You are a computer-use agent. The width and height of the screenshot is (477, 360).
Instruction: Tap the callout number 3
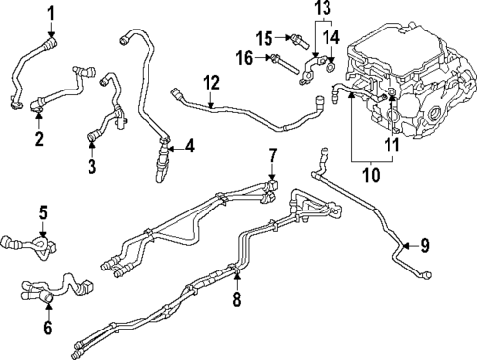[91, 167]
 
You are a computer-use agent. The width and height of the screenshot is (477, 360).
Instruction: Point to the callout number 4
[189, 149]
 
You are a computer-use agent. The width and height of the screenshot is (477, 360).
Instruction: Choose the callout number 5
[43, 211]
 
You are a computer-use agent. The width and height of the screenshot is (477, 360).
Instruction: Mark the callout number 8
[236, 296]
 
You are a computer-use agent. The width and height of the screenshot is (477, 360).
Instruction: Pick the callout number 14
[332, 37]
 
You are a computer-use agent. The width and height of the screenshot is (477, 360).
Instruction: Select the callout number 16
[244, 59]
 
